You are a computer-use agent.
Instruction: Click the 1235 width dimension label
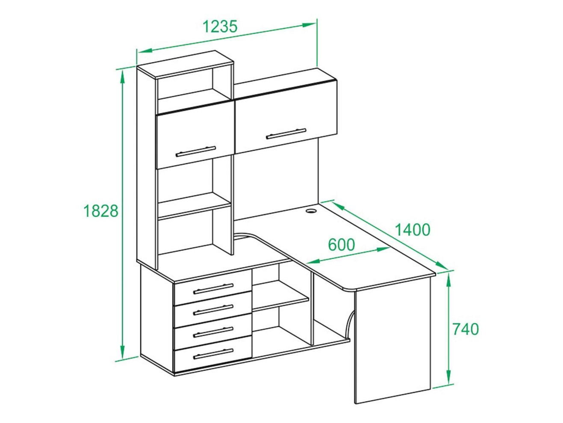coord(220,27)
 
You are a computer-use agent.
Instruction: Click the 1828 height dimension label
coord(101,211)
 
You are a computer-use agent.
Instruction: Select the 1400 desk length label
coord(413,230)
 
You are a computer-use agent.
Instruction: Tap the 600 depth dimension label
coord(342,245)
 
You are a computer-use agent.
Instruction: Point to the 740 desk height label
coord(465,329)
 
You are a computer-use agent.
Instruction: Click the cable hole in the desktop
coord(311,211)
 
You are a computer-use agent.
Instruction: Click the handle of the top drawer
coord(213,289)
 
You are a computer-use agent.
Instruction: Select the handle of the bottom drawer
coord(213,354)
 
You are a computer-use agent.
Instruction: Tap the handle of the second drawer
coord(213,310)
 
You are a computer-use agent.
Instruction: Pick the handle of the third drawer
coord(213,332)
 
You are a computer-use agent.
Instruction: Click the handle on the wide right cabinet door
coord(286,133)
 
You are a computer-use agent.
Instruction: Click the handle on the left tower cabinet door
coord(196,151)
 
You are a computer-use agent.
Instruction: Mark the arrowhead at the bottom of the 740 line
coord(448,377)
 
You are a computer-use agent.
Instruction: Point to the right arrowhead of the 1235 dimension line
coord(309,25)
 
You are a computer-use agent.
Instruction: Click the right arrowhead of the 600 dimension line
coord(383,249)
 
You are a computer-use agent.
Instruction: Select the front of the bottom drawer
coord(213,354)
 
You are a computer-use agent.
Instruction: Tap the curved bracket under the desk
coord(349,324)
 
